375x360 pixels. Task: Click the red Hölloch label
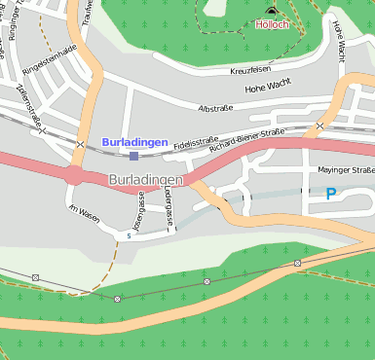click(x=271, y=23)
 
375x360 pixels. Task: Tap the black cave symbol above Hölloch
click(x=271, y=11)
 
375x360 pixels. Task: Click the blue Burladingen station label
click(x=134, y=142)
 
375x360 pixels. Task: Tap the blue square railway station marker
click(x=134, y=155)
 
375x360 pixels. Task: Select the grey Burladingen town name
click(x=145, y=180)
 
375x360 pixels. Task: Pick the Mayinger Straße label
click(x=346, y=170)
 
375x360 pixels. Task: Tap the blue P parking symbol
click(x=331, y=194)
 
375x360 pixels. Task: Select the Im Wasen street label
click(x=84, y=212)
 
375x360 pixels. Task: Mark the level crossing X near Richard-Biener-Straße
click(x=319, y=126)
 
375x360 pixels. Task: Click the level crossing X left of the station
click(x=80, y=145)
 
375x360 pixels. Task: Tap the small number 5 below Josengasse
click(x=129, y=234)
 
